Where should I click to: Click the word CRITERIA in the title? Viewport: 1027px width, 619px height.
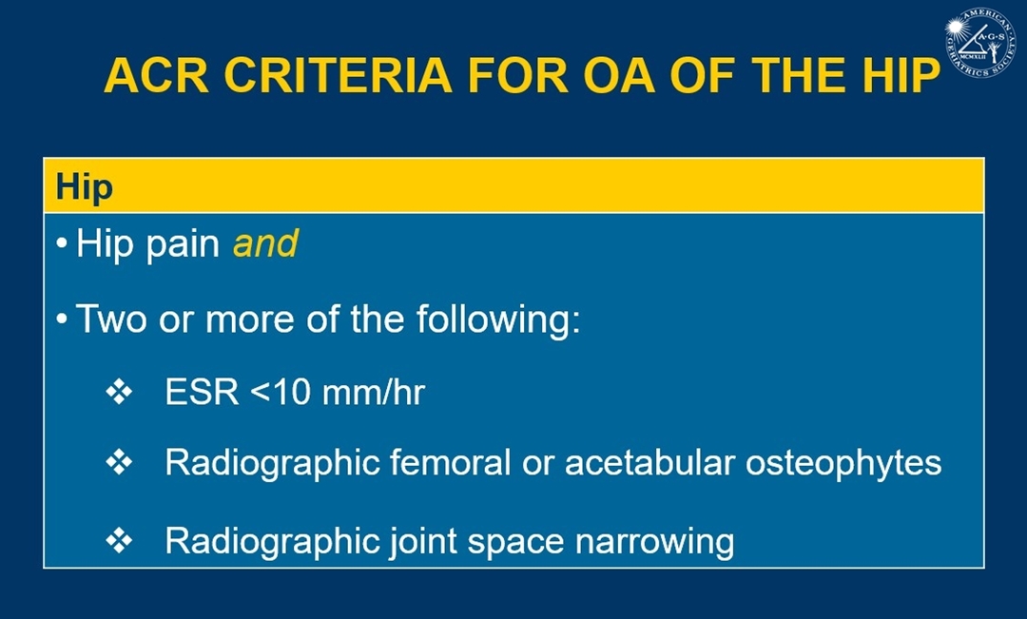[338, 75]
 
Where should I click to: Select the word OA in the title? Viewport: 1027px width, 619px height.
[618, 75]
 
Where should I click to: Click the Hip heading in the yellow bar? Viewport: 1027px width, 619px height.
[85, 188]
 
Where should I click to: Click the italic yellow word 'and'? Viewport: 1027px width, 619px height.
[265, 243]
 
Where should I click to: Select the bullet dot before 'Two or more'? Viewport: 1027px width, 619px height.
[62, 319]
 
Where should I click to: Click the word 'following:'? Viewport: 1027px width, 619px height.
[498, 319]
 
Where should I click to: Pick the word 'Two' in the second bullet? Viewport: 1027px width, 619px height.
[111, 319]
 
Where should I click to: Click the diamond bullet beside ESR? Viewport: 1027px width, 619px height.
[119, 393]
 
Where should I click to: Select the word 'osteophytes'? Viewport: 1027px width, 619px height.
[843, 464]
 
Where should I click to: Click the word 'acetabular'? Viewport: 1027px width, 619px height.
[649, 462]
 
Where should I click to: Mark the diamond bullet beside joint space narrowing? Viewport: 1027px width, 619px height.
[119, 541]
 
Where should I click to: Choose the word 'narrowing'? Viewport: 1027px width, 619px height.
[654, 542]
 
